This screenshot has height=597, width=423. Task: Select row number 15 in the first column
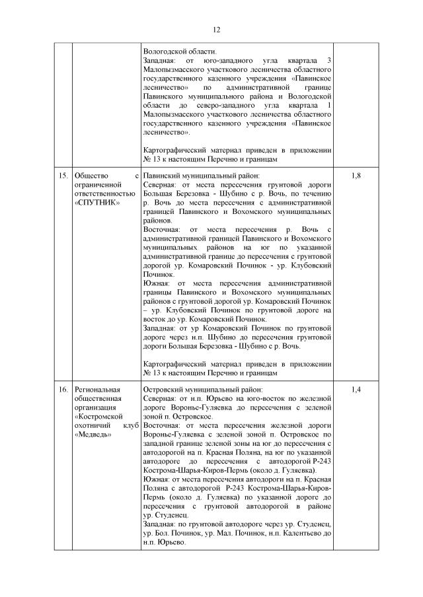[63, 176]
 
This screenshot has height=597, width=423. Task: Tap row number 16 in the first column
[63, 390]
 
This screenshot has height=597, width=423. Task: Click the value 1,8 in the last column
[356, 176]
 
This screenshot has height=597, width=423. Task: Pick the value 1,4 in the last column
[356, 390]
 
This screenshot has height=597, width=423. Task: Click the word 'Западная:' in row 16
[161, 523]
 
